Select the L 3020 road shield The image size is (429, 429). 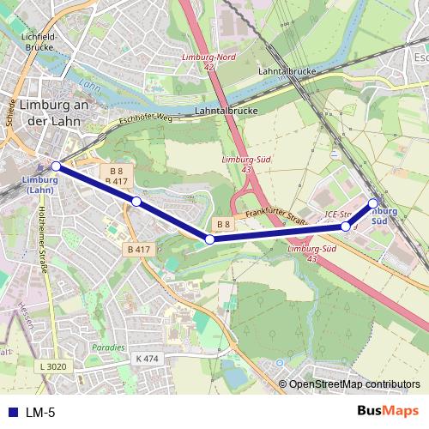(52, 367)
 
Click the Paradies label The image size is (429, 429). (109, 348)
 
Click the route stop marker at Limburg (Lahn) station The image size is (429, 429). (56, 166)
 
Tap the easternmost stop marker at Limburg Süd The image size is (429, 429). (373, 203)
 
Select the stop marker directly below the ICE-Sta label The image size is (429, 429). (346, 227)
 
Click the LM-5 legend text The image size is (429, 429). (40, 412)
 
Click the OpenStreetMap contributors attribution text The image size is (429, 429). (353, 384)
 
